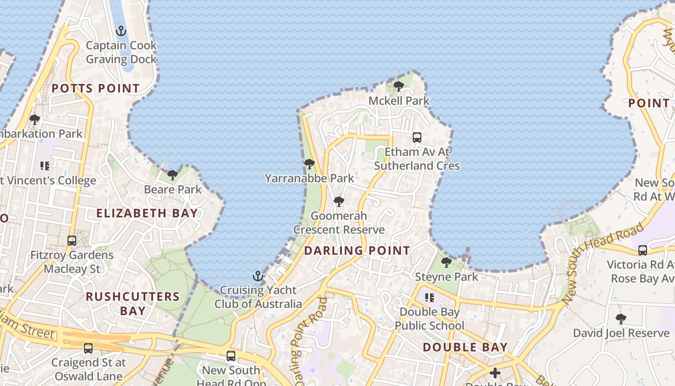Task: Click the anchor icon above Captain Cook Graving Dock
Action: point(121,31)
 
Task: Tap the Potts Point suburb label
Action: point(95,88)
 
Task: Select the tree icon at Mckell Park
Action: point(399,86)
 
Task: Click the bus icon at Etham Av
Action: point(417,138)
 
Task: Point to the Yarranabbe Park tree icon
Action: point(310,164)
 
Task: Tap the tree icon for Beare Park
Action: point(173,175)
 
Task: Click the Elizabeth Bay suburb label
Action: point(147,213)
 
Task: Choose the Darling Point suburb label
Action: point(357,250)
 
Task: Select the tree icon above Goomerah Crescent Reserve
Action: point(339,201)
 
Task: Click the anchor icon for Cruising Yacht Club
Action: point(258,276)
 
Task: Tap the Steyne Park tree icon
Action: point(446,262)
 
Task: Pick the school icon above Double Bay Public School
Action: point(429,298)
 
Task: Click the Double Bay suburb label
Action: point(465,347)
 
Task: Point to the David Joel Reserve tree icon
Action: point(621,319)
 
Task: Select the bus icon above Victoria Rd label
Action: point(643,250)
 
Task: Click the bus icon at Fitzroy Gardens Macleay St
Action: point(72,240)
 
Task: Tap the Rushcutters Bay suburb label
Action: point(133,303)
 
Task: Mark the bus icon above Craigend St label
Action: point(88,348)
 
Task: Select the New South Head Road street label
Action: point(603,263)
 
